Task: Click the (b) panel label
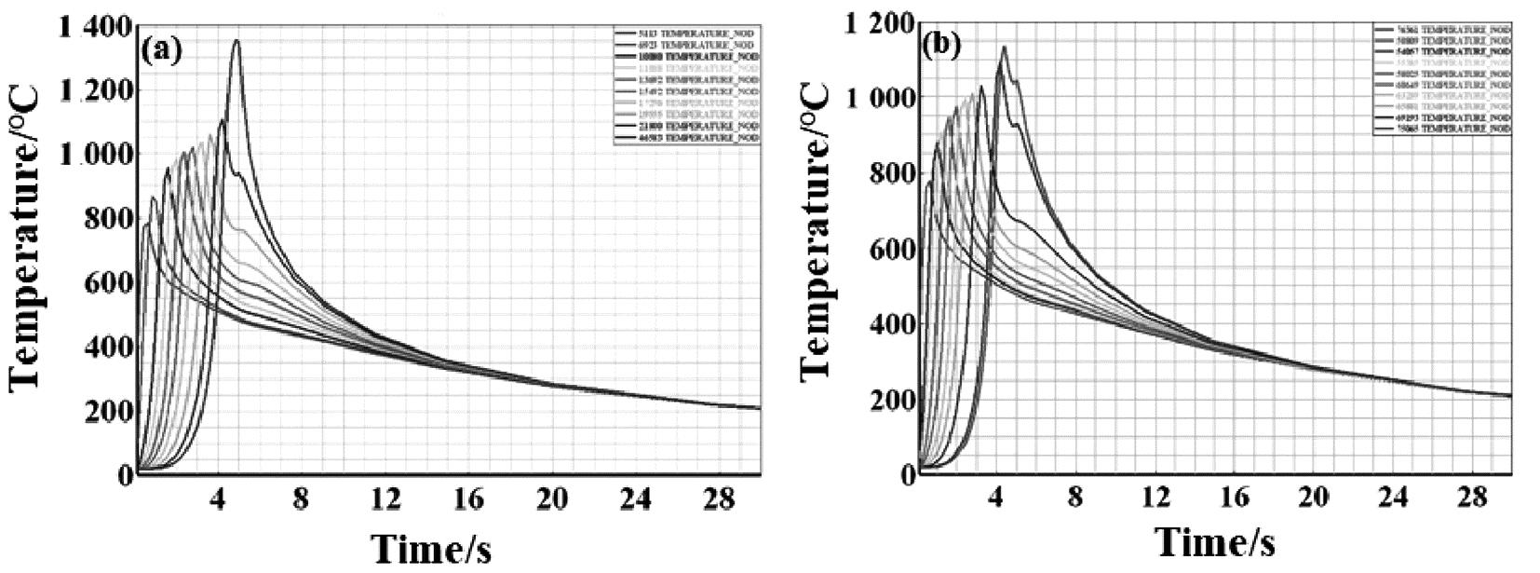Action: pos(942,47)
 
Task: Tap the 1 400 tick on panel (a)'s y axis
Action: pos(94,29)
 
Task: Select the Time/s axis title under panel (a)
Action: pos(431,549)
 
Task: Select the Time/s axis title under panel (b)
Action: pos(1214,540)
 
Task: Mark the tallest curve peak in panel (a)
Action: pos(236,40)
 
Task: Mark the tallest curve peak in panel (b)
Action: pos(1004,47)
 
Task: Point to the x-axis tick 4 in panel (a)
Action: pos(220,499)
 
